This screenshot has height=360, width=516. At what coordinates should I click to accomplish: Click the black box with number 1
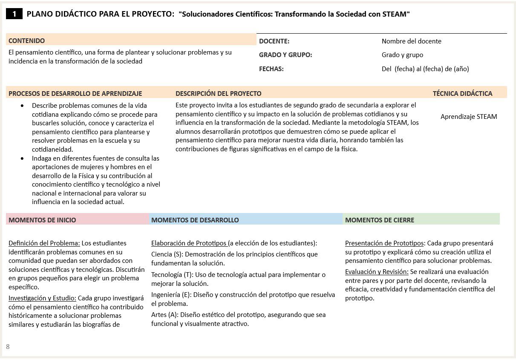point(14,14)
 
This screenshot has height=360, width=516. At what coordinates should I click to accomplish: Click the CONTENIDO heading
point(26,41)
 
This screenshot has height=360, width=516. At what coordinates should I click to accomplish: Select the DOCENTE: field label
point(274,41)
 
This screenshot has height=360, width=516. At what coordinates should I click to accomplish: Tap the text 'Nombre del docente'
point(411,41)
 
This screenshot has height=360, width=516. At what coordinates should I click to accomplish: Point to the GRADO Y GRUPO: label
point(285,55)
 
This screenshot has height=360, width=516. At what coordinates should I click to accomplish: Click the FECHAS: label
point(271,69)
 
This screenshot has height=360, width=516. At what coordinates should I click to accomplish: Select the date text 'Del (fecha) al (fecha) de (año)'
point(425,69)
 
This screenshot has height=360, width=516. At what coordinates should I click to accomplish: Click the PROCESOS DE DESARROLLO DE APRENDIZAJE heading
point(75,93)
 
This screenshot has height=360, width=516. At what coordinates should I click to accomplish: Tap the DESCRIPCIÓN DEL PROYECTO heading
point(218,93)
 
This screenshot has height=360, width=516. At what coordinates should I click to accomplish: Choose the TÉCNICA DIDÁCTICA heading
point(462,93)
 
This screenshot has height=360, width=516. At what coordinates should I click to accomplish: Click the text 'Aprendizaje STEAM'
point(469,117)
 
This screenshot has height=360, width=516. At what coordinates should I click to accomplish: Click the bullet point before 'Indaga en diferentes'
point(23,158)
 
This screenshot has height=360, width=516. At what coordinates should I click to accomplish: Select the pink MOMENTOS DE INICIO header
point(42,220)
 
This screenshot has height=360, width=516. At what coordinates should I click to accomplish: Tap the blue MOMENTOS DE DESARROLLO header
point(195,220)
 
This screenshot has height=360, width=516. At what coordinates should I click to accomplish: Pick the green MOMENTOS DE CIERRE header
point(379,220)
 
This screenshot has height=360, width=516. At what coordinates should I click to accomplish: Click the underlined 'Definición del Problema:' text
point(44,243)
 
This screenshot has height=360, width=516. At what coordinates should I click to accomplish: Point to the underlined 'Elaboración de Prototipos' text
point(189,243)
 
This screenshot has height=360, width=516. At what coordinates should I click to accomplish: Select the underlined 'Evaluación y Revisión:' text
point(377,272)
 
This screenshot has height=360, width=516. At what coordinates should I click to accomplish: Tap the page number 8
point(8,347)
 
